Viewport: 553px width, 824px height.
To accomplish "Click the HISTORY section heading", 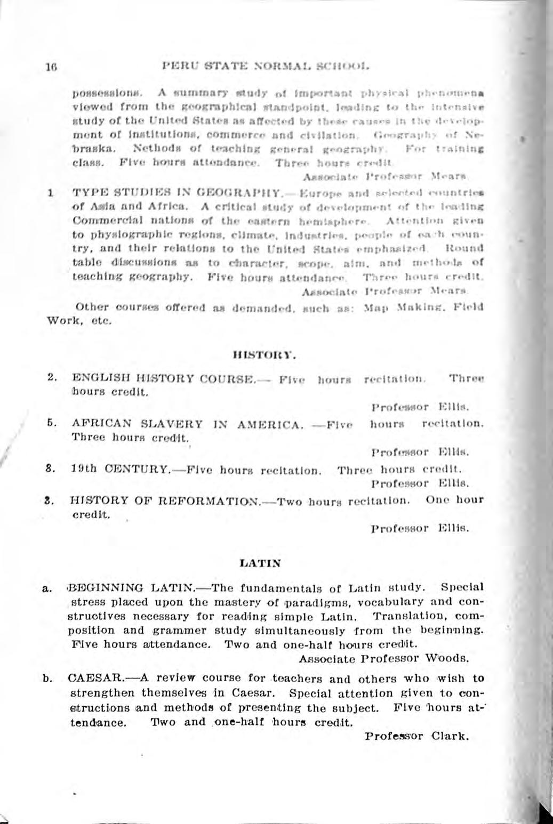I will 265,354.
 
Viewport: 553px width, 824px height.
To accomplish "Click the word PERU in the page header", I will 179,68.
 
